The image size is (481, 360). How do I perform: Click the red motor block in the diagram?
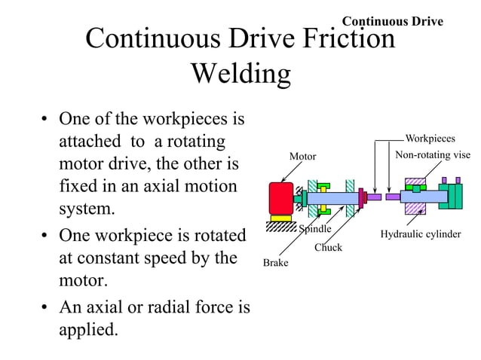(280, 197)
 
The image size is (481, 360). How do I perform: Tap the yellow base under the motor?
(281, 218)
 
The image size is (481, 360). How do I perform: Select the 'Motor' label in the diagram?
(303, 157)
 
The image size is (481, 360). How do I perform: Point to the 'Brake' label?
(275, 263)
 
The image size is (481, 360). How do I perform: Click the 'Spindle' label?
(315, 229)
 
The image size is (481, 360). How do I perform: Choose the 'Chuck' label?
(328, 247)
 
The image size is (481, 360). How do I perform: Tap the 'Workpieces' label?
(430, 139)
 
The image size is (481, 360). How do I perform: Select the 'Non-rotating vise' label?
(433, 155)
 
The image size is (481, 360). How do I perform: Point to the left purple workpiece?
(375, 197)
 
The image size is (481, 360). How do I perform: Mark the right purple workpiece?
(392, 197)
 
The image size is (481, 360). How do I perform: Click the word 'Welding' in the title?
(240, 74)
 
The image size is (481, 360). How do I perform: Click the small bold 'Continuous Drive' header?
(393, 21)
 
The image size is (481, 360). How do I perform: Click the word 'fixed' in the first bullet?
(78, 185)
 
